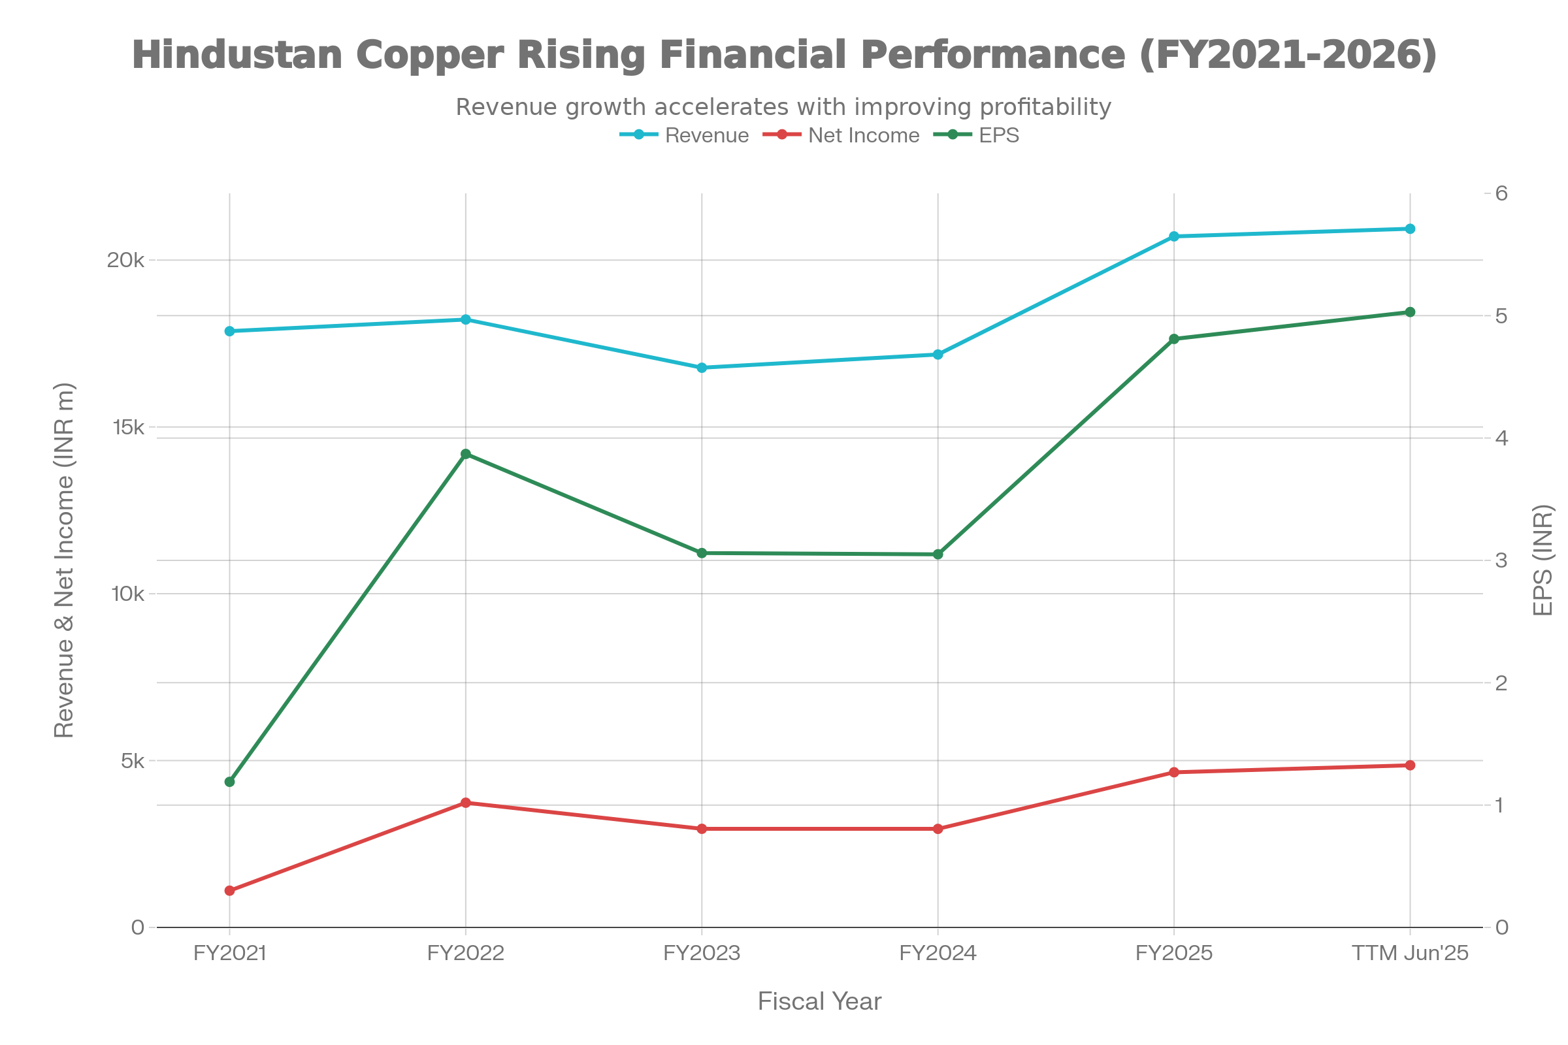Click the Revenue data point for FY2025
pos(1174,236)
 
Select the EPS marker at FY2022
pos(466,454)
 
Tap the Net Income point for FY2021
pos(230,891)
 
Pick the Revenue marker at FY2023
pos(702,368)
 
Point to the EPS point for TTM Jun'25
pos(1410,312)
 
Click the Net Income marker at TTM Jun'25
pos(1410,765)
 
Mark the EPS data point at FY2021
pos(230,782)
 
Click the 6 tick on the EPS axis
pos(1502,194)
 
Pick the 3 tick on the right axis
pos(1502,560)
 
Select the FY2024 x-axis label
pos(938,954)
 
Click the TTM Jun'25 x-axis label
pos(1410,954)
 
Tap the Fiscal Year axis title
pos(819,1002)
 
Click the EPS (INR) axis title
pos(1543,560)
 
